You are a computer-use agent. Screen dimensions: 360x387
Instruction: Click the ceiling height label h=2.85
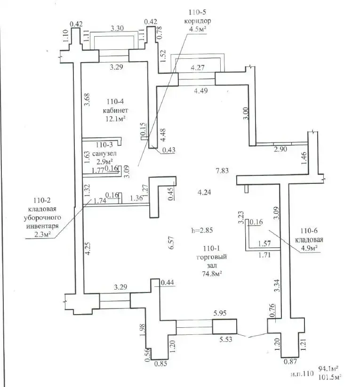coord(202,230)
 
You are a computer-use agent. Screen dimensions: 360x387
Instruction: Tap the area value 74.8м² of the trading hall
coord(212,274)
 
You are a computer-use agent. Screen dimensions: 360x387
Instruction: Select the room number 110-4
coord(115,102)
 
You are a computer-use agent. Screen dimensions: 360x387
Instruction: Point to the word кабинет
coord(115,111)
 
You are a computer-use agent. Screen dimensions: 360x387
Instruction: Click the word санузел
coord(104,153)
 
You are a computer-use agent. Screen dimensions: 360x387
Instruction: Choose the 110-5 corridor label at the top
coord(198,12)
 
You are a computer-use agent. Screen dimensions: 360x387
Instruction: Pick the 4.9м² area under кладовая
coord(309,248)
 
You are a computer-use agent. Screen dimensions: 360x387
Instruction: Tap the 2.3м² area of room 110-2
coord(42,235)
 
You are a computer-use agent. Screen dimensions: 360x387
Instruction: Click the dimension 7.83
coord(222,171)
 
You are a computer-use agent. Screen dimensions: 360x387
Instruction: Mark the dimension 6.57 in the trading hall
coord(171,243)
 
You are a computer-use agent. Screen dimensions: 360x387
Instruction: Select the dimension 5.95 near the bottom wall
coord(220,313)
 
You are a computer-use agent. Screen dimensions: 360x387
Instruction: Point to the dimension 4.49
coord(200,91)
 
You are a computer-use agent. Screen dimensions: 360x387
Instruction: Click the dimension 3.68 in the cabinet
coord(87,100)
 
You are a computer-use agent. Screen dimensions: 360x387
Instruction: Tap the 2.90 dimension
coord(280,149)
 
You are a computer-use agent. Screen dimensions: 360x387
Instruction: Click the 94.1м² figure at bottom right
coord(328,369)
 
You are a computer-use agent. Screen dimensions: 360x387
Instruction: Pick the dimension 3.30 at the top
coord(117,28)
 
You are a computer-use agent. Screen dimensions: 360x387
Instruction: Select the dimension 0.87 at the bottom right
coord(290,362)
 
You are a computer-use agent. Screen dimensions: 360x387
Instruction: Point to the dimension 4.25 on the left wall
coord(88,248)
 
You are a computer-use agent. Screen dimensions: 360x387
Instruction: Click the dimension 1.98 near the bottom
coord(142,330)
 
